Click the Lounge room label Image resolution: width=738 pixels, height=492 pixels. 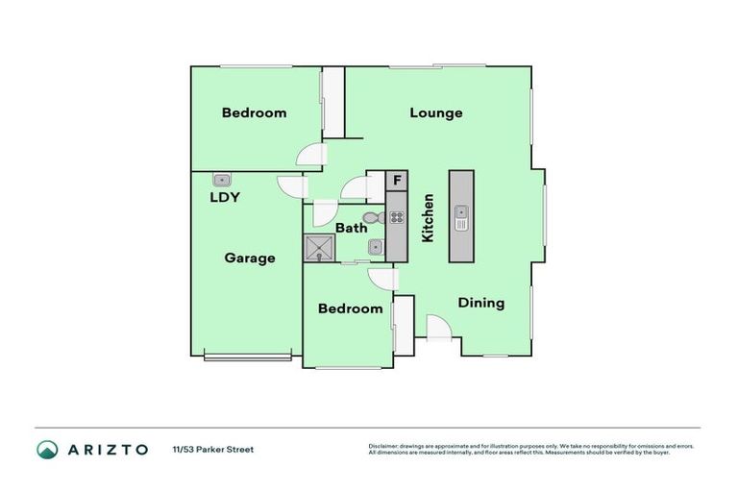pos(435,112)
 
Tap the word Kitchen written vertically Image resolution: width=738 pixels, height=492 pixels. pos(428,218)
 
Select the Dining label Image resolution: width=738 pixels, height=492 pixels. pos(480,303)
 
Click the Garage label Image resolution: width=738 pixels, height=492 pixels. pos(250,258)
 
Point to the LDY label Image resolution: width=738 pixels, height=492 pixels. pos(224,198)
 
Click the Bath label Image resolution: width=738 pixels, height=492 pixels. pos(351,228)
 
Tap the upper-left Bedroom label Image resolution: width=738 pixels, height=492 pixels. pos(254,112)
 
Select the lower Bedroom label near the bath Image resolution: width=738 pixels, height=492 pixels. pos(350,308)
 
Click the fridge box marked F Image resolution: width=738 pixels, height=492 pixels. pos(396,180)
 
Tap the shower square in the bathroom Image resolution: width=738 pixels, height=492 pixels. pos(319,249)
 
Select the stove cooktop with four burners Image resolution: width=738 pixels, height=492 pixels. pos(396,217)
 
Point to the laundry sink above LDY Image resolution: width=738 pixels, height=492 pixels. pos(222,178)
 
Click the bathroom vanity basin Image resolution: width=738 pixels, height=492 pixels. pos(375,248)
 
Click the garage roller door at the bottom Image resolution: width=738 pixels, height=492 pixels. pos(247,357)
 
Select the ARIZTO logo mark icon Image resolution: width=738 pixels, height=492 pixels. pos(47,449)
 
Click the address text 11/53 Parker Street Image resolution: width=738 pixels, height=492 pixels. pos(213,449)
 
